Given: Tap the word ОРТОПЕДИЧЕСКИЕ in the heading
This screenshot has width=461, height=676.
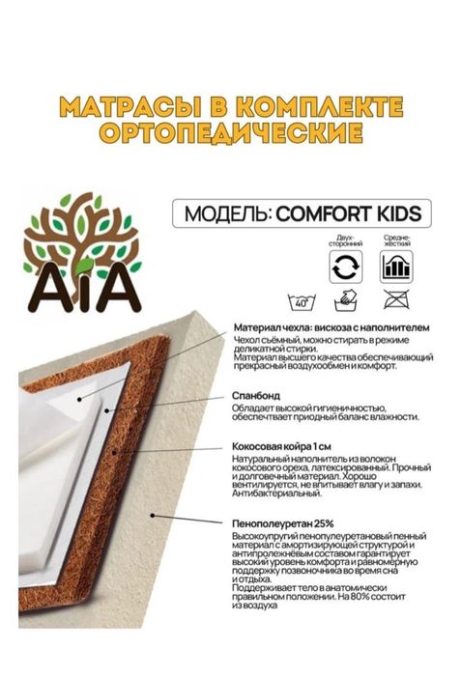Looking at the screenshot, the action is (230, 130).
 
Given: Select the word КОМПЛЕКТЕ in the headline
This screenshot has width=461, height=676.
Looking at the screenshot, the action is (320, 106).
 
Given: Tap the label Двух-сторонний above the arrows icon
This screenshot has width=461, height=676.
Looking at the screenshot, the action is (345, 240).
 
